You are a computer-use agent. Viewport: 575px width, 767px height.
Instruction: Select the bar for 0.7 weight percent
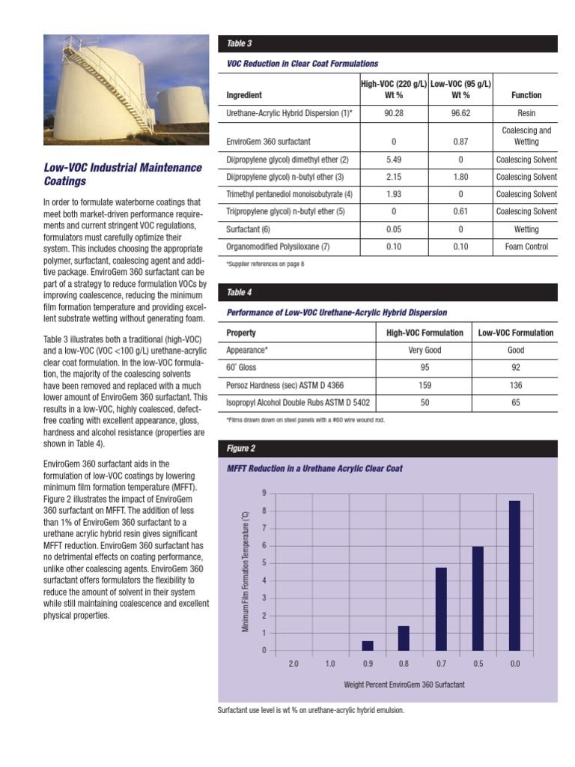tap(441, 609)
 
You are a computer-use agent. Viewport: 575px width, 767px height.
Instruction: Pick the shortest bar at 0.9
tap(368, 646)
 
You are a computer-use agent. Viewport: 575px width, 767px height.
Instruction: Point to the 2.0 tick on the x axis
tap(293, 664)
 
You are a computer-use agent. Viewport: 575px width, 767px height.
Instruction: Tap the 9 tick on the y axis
tap(263, 493)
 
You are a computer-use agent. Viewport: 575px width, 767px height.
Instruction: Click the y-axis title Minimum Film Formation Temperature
tap(245, 572)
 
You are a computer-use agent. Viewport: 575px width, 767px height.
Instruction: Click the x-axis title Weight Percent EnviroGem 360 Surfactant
tap(404, 685)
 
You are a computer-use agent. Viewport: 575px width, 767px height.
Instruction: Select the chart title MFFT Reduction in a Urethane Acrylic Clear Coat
tap(314, 468)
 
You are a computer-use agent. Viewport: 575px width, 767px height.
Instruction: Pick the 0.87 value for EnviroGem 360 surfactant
tap(460, 141)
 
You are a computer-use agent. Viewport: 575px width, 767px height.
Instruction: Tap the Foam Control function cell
tap(526, 246)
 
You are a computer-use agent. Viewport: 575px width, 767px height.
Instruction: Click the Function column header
tap(526, 95)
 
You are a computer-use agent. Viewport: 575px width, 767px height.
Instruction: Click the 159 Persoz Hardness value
tap(425, 385)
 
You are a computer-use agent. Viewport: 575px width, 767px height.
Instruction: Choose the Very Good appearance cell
tap(425, 350)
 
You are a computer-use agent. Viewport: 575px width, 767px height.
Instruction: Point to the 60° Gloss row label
tap(241, 368)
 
